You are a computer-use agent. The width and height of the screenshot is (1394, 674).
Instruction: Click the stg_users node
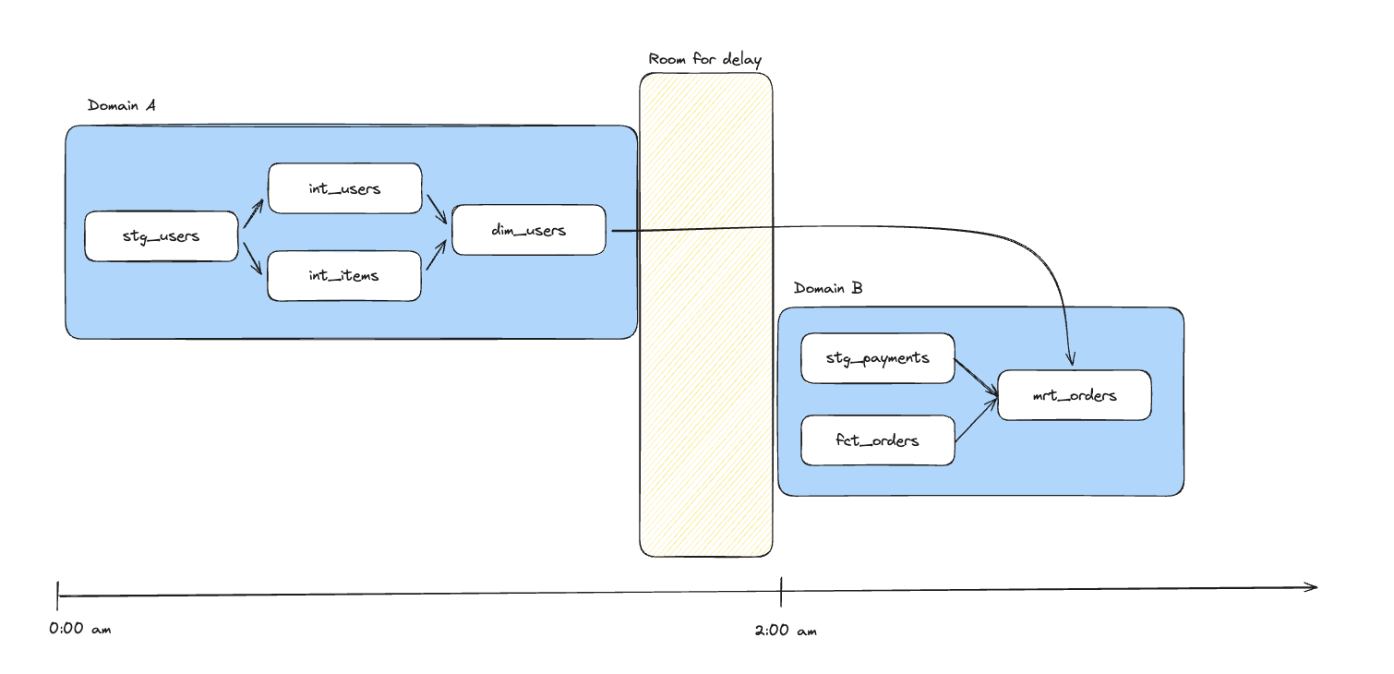click(161, 236)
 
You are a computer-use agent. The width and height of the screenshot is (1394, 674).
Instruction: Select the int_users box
click(344, 188)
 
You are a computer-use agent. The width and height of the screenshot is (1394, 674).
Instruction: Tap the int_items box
click(344, 275)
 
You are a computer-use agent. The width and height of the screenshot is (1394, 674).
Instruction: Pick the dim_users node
click(528, 230)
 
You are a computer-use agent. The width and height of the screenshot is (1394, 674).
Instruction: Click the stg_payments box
click(877, 358)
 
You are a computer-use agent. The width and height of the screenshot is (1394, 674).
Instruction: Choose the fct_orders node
click(877, 440)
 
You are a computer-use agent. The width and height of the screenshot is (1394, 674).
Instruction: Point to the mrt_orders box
click(1075, 395)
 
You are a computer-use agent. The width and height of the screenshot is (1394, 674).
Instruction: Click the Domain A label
click(121, 105)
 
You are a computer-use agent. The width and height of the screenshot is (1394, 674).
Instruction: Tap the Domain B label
click(828, 288)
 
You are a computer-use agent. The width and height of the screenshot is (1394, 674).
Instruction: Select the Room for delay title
click(705, 60)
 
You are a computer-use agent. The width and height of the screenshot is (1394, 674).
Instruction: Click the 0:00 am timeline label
click(80, 630)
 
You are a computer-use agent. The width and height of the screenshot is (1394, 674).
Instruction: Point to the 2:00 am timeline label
click(785, 632)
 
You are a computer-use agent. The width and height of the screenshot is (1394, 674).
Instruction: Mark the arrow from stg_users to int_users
click(253, 212)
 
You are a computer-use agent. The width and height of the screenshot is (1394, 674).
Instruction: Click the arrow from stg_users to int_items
click(253, 259)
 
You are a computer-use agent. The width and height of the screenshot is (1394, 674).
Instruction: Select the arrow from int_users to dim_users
click(436, 209)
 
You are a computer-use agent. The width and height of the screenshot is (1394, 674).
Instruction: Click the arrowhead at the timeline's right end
click(1311, 586)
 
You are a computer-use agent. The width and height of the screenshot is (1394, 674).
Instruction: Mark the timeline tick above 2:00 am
click(781, 592)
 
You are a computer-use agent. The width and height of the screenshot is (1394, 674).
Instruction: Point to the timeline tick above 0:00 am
click(57, 596)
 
